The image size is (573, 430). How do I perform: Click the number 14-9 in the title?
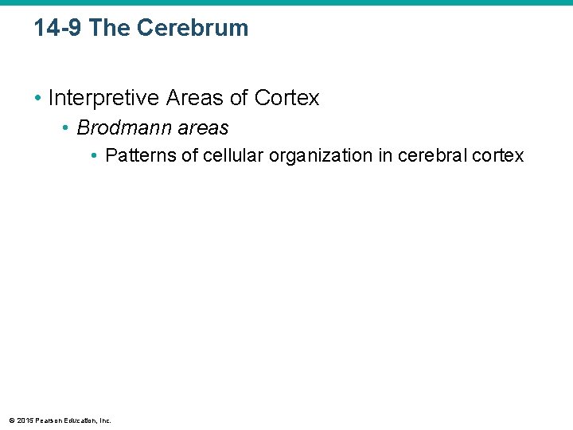tap(58, 28)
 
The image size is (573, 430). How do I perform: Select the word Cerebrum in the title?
tap(192, 28)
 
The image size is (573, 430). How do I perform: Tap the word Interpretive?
tap(103, 98)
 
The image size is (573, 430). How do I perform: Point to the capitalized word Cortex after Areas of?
tap(286, 98)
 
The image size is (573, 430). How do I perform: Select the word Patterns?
tap(140, 155)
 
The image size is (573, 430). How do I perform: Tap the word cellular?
tap(233, 155)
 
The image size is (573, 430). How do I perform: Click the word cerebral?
tap(431, 155)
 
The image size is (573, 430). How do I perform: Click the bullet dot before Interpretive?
tap(37, 98)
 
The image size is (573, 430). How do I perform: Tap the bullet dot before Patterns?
tap(95, 155)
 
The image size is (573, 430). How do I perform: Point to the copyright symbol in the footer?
tap(10, 420)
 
